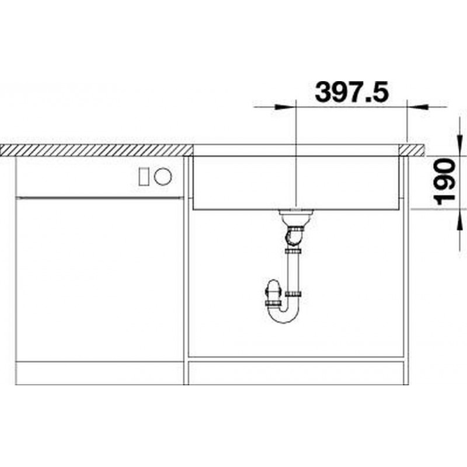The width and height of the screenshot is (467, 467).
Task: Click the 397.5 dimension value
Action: click(352, 92)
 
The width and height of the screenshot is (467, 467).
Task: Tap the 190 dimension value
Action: click(445, 182)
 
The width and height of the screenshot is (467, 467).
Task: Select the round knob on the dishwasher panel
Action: click(163, 177)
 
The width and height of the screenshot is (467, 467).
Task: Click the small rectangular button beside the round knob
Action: click(144, 177)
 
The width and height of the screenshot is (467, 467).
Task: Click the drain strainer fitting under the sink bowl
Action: click(296, 213)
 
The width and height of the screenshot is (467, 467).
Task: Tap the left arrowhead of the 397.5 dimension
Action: click(284, 107)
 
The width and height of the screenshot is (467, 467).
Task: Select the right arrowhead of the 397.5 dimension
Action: click(417, 107)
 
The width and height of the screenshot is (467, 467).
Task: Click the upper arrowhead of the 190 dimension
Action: click(461, 144)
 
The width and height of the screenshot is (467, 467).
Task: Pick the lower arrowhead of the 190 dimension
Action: click(461, 220)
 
